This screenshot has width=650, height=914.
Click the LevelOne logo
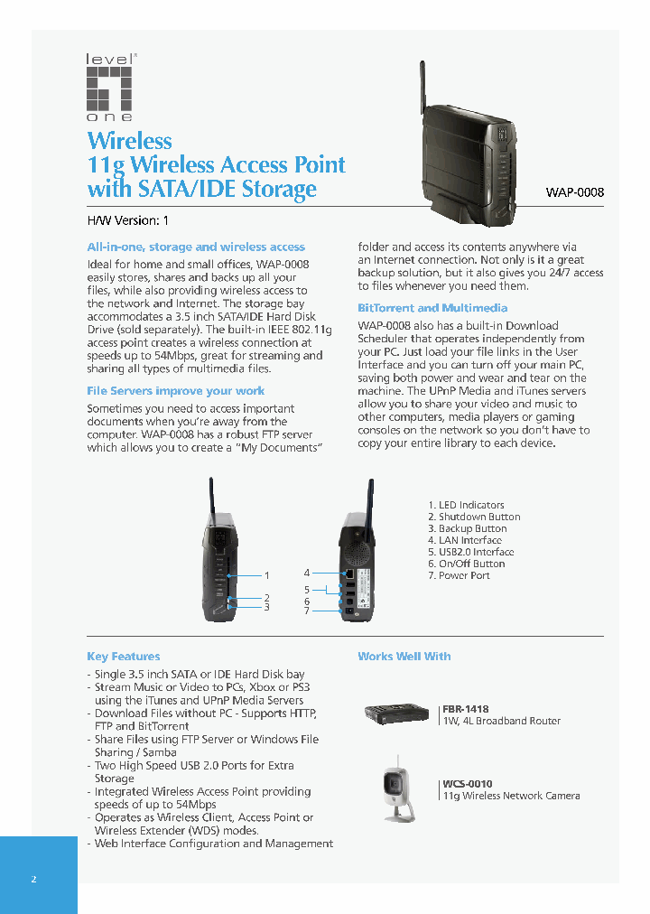point(110,88)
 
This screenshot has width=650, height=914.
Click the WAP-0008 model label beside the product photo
point(574,192)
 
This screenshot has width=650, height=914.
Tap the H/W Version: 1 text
point(127,220)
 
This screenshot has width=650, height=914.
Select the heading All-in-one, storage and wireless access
point(195,247)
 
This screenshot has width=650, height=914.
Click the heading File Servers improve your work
point(175,391)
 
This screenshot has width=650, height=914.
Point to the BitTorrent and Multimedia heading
point(432,308)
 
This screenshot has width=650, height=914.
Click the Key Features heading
point(123,657)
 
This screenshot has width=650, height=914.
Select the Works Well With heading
point(404,657)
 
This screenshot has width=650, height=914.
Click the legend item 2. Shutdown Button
point(473,517)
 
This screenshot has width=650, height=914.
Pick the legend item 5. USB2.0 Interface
point(470,552)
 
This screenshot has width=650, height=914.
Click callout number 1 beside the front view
point(267,575)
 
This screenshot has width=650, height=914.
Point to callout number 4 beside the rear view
point(307,573)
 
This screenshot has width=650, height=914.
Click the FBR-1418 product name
point(466,709)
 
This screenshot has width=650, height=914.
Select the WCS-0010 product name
point(468,784)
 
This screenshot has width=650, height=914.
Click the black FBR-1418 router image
point(396,713)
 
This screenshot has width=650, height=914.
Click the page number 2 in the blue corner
point(33,879)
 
